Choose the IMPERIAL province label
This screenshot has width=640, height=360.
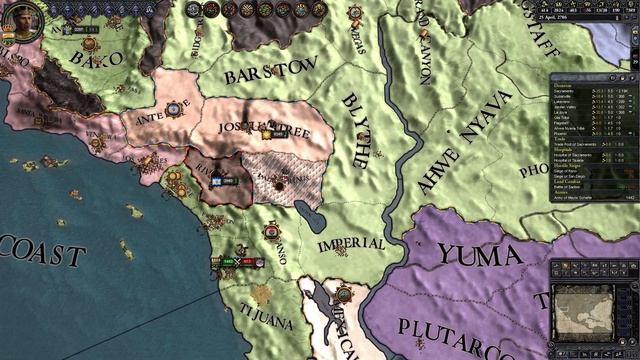351,244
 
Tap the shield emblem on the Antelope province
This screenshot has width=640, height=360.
173,108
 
